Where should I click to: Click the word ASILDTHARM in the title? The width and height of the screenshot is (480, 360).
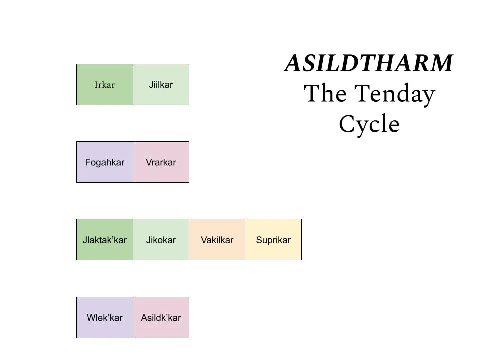369,64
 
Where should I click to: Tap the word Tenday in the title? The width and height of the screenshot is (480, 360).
395,94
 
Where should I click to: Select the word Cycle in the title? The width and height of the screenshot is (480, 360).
369,124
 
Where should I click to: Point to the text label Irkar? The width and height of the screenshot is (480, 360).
105,85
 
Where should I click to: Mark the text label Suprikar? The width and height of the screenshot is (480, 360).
273,240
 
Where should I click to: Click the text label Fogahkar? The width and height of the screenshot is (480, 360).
105,162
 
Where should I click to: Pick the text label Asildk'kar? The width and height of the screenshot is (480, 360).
161,318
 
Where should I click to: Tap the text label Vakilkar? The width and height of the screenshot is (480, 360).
217,240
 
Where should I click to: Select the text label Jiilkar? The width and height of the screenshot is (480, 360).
161,85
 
